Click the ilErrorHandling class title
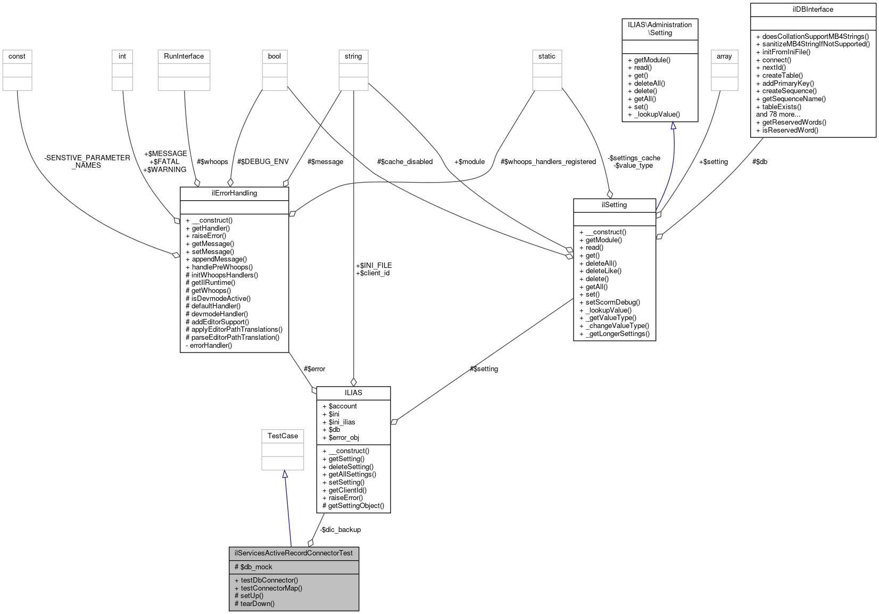(234, 193)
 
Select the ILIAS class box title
(353, 392)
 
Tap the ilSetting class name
(614, 204)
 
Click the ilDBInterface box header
(812, 9)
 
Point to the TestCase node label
(283, 436)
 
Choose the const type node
(17, 56)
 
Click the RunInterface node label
(184, 56)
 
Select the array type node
(724, 56)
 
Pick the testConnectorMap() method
(271, 588)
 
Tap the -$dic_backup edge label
(341, 529)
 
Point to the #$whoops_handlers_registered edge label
(548, 161)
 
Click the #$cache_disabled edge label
(404, 161)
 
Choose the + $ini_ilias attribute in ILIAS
(342, 422)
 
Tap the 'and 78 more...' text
(778, 114)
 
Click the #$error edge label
(314, 369)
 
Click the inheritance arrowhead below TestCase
(285, 474)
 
